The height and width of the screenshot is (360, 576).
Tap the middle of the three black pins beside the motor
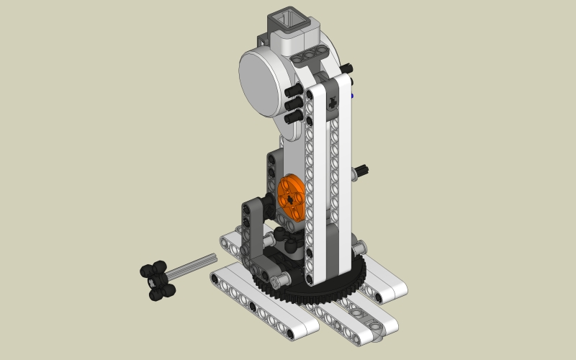[294, 104]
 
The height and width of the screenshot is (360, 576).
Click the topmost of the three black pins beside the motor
[294, 92]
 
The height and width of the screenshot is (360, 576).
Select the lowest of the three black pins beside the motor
[294, 116]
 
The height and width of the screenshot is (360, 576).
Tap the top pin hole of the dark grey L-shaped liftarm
[248, 210]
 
